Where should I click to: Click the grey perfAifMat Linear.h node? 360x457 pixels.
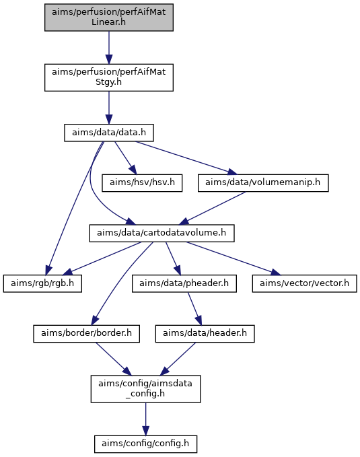[109, 17]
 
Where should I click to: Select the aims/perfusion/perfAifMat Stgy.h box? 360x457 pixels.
[109, 77]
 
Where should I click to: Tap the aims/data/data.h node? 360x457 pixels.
[109, 133]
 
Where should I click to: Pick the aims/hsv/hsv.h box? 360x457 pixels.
[142, 183]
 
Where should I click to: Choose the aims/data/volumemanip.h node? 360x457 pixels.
[263, 183]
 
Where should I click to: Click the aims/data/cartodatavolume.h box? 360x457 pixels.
[161, 233]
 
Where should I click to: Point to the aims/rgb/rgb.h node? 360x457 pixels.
[42, 283]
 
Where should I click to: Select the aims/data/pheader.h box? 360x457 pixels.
[184, 283]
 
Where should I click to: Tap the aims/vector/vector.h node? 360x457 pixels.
[305, 283]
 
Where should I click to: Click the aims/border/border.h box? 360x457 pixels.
[87, 334]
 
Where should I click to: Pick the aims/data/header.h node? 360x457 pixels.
[205, 334]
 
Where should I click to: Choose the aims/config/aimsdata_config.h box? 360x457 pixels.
[146, 389]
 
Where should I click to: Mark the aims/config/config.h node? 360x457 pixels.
[146, 444]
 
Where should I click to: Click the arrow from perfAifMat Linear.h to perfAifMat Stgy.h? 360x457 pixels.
[109, 48]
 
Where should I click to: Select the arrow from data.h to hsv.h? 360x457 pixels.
[126, 158]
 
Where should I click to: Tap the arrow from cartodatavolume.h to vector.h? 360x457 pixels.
[233, 258]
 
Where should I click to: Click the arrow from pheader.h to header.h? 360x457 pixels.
[194, 309]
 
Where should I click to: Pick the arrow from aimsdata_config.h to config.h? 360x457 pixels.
[146, 419]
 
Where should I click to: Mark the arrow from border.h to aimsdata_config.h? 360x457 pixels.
[114, 359]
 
